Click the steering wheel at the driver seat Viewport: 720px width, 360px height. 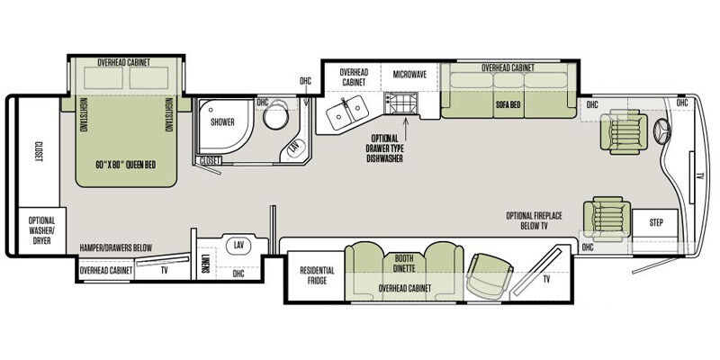(661, 130)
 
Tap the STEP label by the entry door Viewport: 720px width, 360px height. (656, 222)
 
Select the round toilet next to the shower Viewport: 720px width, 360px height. (275, 116)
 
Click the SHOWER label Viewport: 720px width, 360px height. (222, 122)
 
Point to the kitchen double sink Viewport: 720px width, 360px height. (347, 111)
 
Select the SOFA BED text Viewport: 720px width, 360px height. (508, 104)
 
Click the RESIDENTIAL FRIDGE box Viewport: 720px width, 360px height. (317, 275)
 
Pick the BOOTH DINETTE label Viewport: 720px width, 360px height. (404, 261)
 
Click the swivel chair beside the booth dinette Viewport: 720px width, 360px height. (490, 275)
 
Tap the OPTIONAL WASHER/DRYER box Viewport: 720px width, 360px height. (41, 230)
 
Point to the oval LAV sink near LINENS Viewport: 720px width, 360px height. (238, 245)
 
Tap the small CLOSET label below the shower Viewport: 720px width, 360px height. (210, 161)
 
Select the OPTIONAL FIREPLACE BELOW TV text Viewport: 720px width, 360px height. (534, 220)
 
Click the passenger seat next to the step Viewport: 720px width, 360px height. (607, 219)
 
